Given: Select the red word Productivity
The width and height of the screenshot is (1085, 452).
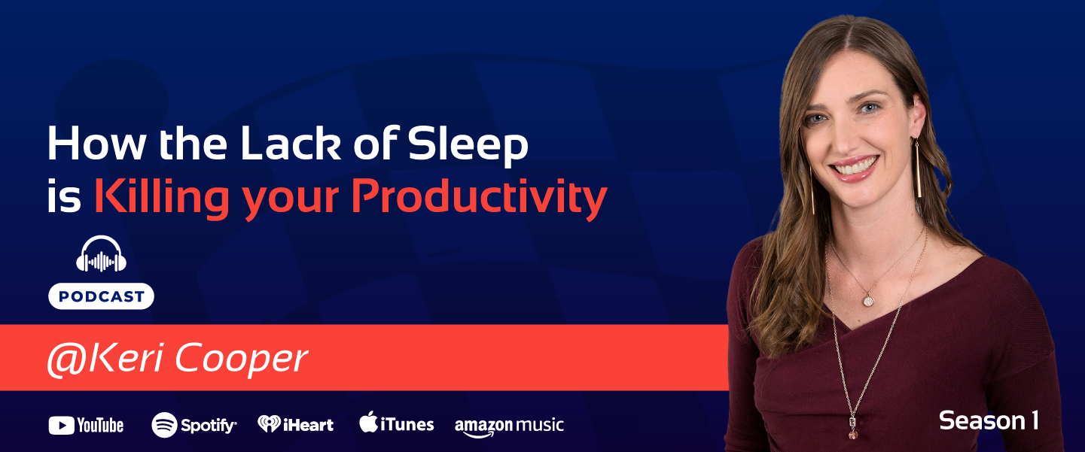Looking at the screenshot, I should (x=479, y=197).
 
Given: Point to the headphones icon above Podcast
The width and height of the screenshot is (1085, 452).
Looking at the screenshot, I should (x=102, y=256).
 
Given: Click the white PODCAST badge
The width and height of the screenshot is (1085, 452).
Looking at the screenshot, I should (x=102, y=296).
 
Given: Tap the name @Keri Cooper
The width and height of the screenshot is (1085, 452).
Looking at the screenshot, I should (x=177, y=359).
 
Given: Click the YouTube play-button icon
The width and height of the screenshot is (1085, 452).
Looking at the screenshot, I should (x=61, y=426).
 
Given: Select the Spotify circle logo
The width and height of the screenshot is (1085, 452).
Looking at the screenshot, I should (x=164, y=425).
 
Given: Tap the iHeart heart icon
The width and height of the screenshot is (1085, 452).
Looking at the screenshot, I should (x=269, y=424).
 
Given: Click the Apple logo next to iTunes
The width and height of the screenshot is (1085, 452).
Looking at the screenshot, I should (x=368, y=423).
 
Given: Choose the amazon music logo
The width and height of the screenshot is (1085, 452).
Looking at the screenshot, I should (x=509, y=425).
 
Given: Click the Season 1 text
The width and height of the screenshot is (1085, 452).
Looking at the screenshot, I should (x=989, y=420).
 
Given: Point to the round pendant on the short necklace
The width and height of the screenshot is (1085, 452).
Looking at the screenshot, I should (x=868, y=300).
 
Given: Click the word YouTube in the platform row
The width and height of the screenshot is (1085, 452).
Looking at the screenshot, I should (x=100, y=426).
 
